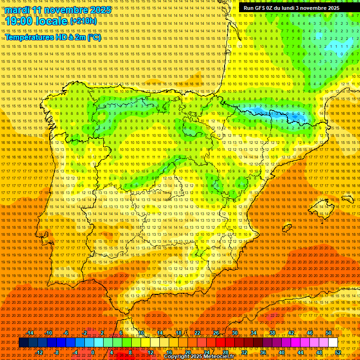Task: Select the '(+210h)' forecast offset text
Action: (83, 21)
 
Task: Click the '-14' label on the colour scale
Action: (30, 333)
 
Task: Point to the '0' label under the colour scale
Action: (93, 352)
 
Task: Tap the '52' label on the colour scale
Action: (337, 352)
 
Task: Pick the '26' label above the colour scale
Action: (216, 333)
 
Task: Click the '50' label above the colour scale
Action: (328, 333)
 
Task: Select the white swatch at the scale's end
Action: (333, 343)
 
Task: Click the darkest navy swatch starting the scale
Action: (23, 343)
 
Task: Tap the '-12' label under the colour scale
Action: (39, 352)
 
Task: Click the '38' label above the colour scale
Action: (272, 333)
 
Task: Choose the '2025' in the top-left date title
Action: (100, 10)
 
